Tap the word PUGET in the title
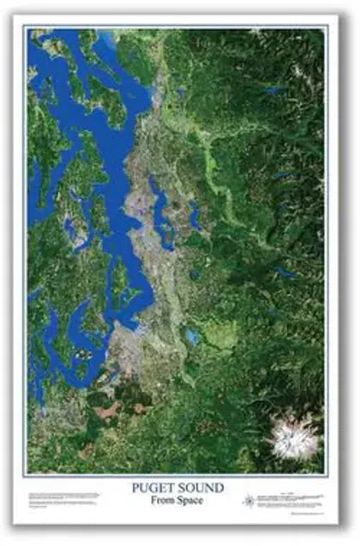pos(153,488)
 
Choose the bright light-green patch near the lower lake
pos(219,336)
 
